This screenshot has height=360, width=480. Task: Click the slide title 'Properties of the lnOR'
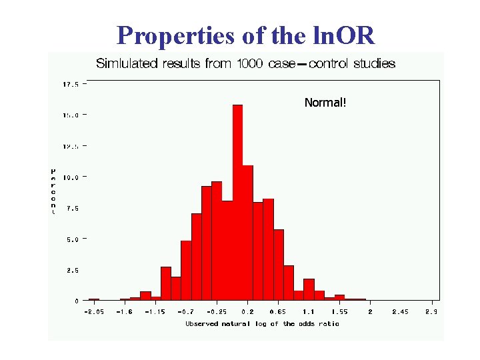click(245, 35)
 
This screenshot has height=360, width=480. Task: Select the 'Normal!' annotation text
click(325, 103)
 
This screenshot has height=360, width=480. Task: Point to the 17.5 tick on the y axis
click(70, 85)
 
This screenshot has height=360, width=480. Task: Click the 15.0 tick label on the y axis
click(70, 115)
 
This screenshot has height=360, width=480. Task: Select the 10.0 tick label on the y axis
click(70, 177)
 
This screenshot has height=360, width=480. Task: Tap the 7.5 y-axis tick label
click(72, 208)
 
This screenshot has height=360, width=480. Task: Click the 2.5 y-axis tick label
click(72, 270)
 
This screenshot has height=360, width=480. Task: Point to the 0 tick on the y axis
click(76, 301)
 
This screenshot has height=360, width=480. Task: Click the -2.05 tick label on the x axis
click(93, 311)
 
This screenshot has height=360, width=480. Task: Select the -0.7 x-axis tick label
click(186, 311)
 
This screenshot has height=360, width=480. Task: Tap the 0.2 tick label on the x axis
click(247, 311)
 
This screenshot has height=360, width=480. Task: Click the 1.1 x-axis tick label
click(309, 311)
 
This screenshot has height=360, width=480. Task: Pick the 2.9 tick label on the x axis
click(432, 311)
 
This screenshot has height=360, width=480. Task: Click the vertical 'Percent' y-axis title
click(53, 191)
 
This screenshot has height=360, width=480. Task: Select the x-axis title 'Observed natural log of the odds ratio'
click(262, 324)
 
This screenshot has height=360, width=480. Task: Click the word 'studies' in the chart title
click(373, 64)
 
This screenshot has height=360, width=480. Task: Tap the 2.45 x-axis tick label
click(401, 311)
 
